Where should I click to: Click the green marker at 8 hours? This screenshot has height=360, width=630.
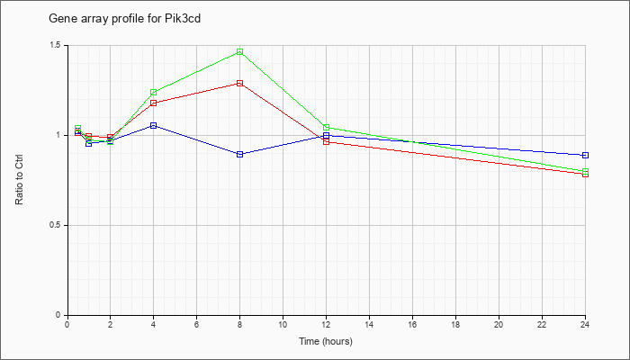240,52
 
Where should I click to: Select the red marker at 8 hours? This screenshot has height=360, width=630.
240,83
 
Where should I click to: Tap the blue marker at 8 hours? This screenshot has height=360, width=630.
240,154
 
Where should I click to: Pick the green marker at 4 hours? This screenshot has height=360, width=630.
154,93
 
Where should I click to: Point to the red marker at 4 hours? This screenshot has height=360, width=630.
154,103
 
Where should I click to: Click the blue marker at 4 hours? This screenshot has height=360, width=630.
154,126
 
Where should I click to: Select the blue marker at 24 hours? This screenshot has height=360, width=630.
585,155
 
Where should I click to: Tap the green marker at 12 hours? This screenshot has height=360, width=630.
326,128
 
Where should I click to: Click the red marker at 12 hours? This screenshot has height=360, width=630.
326,142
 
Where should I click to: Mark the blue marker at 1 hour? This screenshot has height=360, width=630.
89,143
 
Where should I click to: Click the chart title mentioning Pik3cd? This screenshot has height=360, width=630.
124,19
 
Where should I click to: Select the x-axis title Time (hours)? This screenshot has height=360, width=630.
326,341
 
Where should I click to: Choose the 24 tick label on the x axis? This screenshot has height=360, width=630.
585,324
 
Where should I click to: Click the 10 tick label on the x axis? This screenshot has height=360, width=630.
283,324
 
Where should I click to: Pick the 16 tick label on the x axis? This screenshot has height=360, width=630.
412,324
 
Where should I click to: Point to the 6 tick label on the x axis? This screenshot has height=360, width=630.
196,324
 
